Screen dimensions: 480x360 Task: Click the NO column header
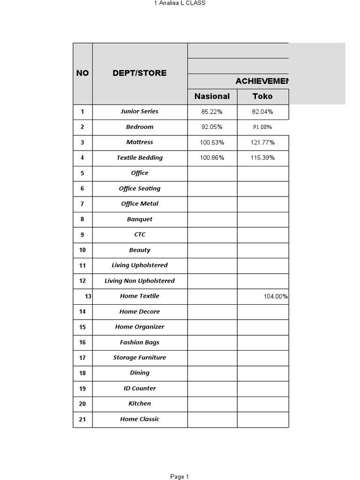82,73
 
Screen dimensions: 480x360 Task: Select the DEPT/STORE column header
140,73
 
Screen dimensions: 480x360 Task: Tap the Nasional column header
212,97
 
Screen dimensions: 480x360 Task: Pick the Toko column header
262,97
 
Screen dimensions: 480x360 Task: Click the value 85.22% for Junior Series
212,112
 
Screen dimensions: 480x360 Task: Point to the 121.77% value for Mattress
262,142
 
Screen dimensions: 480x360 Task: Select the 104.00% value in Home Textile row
276,296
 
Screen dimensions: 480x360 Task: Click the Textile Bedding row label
140,158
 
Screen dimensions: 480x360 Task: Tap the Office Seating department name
140,188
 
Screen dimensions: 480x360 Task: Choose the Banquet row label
140,219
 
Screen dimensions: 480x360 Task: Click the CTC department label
140,234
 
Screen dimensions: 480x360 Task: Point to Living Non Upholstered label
140,281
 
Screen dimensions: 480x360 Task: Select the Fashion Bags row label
140,342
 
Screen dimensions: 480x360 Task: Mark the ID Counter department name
140,388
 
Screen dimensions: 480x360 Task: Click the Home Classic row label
140,419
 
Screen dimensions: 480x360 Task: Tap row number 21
82,420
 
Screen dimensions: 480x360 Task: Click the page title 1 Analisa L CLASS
180,3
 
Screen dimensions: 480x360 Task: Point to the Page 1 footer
180,477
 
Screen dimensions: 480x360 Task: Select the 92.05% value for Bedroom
212,127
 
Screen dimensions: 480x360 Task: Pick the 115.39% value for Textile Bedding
262,158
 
